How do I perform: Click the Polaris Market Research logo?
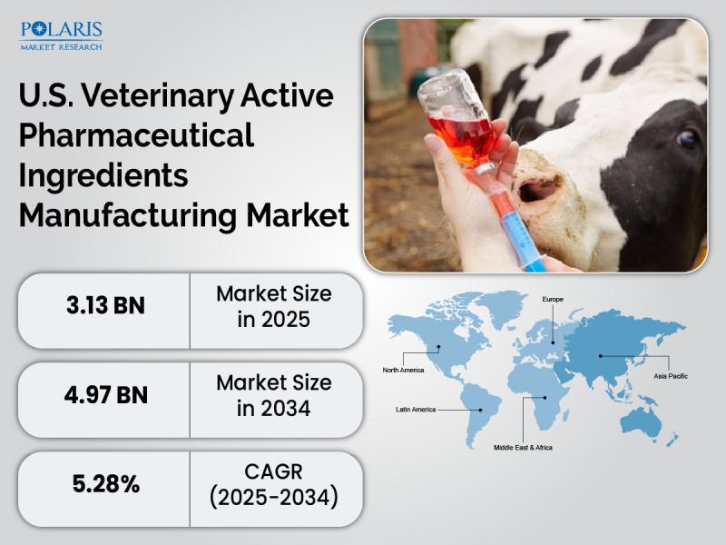(x=61, y=35)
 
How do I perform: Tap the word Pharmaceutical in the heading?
(x=136, y=135)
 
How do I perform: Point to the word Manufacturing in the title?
(x=128, y=215)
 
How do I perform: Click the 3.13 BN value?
(x=105, y=306)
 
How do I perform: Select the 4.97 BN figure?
(x=106, y=395)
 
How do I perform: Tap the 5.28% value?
(x=106, y=484)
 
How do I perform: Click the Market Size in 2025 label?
(x=274, y=306)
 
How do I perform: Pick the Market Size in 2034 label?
(x=274, y=395)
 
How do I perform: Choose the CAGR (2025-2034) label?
(x=274, y=485)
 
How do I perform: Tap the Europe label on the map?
(x=553, y=300)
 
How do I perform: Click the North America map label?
(x=403, y=370)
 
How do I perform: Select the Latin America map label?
(x=416, y=410)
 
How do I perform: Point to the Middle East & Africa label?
(x=523, y=447)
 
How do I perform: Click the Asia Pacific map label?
(x=671, y=376)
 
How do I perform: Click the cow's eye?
(x=687, y=139)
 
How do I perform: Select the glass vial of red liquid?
(x=458, y=120)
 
